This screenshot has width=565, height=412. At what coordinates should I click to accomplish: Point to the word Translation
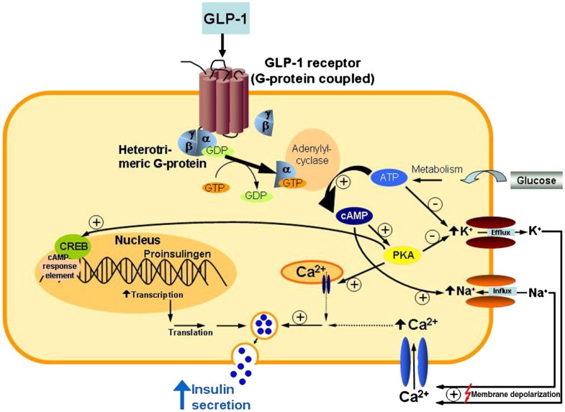[190, 332]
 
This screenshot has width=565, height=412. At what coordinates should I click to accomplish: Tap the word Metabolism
[436, 170]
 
